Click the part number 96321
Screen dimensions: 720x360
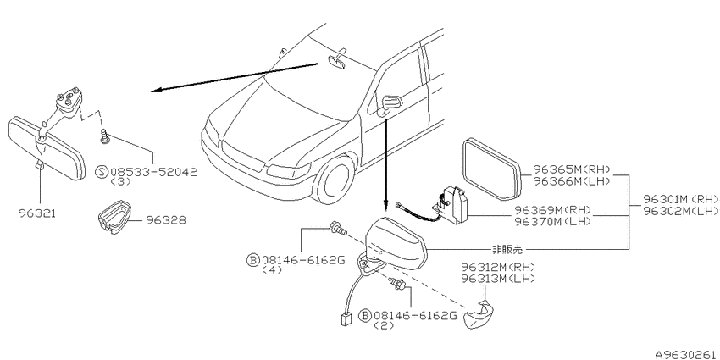pyautogui.click(x=36, y=213)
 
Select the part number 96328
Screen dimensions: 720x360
pyautogui.click(x=166, y=220)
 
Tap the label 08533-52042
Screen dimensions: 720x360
pyautogui.click(x=154, y=172)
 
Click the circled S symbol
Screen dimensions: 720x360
pyautogui.click(x=102, y=172)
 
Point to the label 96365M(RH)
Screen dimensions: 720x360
pyautogui.click(x=572, y=170)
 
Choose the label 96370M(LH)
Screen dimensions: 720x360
pyautogui.click(x=553, y=221)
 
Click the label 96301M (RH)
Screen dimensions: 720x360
pyautogui.click(x=681, y=200)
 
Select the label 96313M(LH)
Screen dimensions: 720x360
pyautogui.click(x=499, y=278)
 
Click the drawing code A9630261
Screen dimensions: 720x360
pyautogui.click(x=687, y=355)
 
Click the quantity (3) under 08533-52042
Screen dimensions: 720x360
pyautogui.click(x=121, y=182)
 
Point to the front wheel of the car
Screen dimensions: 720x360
pyautogui.click(x=335, y=178)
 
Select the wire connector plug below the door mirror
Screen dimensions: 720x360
pyautogui.click(x=346, y=318)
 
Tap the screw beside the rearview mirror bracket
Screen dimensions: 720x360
pyautogui.click(x=105, y=136)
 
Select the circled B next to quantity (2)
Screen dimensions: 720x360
pyautogui.click(x=364, y=316)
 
